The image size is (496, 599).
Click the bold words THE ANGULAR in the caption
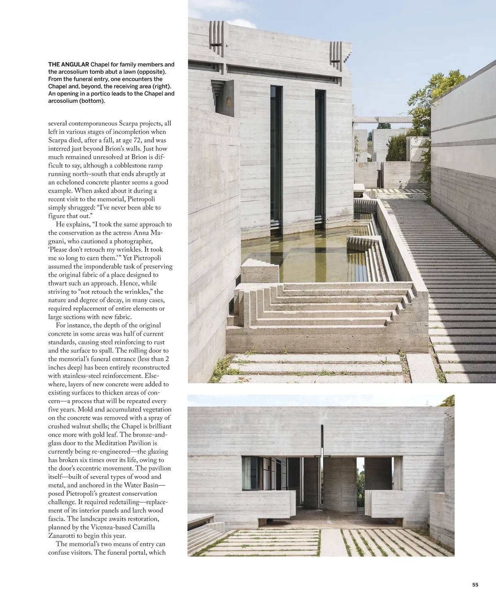(69, 64)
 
